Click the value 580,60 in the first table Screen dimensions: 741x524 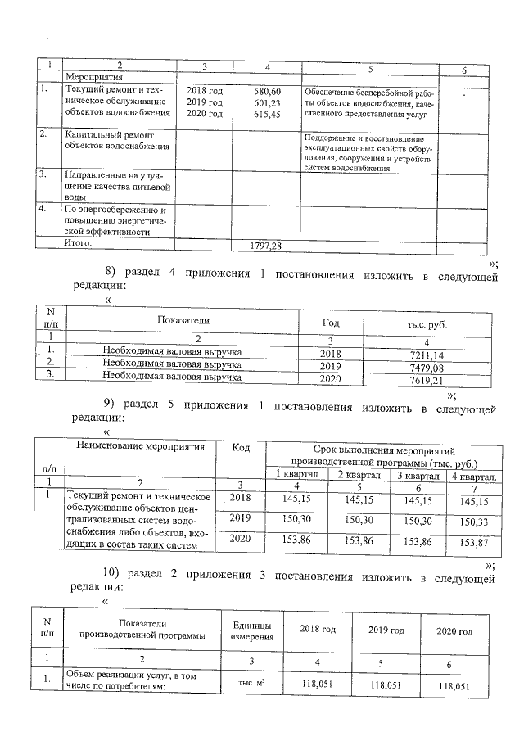point(269,91)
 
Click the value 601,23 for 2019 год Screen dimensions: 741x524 point(269,102)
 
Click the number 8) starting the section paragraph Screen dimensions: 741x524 point(112,275)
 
